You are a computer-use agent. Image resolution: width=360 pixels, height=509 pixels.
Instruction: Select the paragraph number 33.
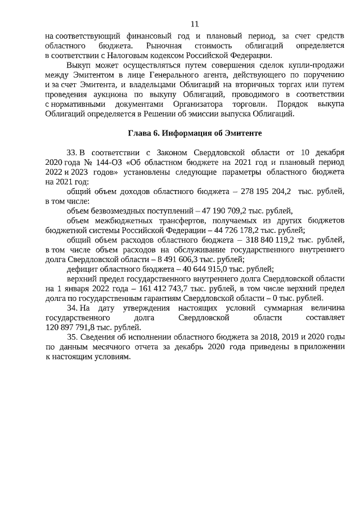tap(71, 152)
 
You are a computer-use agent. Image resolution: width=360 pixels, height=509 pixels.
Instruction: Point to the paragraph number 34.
tap(71, 308)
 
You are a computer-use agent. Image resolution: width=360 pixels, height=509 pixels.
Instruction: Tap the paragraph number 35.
tap(71, 337)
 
